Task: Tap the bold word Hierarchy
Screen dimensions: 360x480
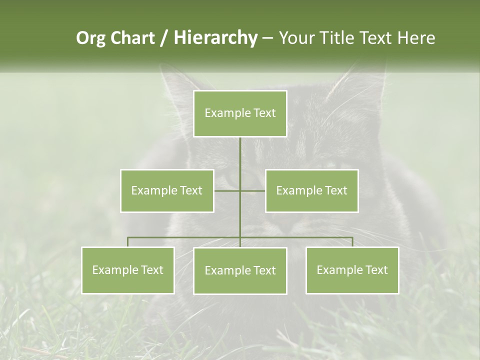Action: (x=215, y=38)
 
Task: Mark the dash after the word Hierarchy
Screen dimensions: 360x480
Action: (x=267, y=38)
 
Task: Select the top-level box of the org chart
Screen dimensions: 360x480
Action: (x=240, y=113)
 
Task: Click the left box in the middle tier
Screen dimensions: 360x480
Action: (x=167, y=190)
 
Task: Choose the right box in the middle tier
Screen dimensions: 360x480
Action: (x=312, y=190)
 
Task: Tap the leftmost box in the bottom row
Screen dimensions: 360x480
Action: (x=128, y=270)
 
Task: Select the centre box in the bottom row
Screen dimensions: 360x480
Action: (x=240, y=270)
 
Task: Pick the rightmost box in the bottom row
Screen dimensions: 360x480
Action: (x=352, y=270)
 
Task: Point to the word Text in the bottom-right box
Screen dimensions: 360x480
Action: (x=375, y=270)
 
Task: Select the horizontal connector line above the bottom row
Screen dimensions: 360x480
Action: (x=185, y=237)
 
